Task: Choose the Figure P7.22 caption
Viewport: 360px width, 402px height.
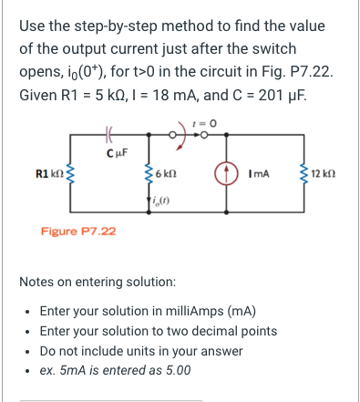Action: tap(78, 232)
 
